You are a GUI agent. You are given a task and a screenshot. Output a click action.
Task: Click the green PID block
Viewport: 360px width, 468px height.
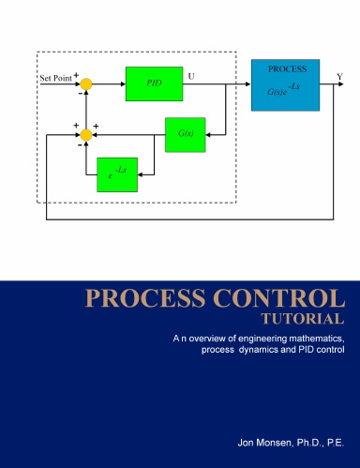pyautogui.click(x=154, y=83)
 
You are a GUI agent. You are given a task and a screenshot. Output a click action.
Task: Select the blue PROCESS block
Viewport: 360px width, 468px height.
pyautogui.click(x=285, y=84)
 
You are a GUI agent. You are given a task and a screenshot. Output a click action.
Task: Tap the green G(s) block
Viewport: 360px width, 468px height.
pyautogui.click(x=185, y=134)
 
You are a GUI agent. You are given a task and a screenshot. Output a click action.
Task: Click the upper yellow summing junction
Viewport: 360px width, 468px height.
pyautogui.click(x=86, y=84)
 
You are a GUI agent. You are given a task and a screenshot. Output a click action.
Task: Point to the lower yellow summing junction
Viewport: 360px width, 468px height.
pyautogui.click(x=86, y=135)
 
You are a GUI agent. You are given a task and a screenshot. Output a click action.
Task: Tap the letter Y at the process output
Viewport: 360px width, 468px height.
pyautogui.click(x=339, y=74)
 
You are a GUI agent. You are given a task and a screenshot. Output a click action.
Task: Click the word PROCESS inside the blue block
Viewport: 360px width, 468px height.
pyautogui.click(x=285, y=69)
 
